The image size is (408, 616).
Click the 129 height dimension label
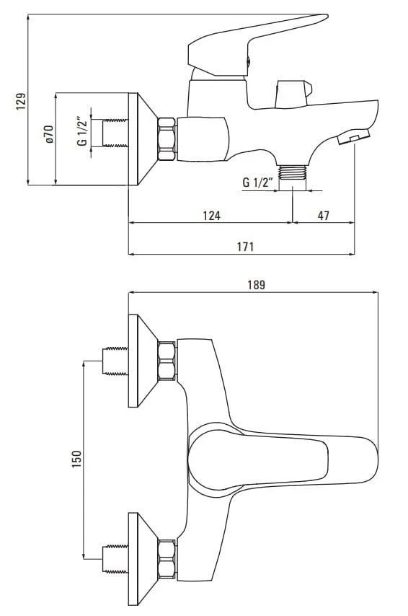coord(21,101)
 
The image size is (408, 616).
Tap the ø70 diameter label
coord(49,134)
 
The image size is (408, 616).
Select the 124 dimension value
coord(212,215)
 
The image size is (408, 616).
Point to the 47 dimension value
coord(323,215)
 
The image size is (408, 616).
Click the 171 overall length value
coord(245,247)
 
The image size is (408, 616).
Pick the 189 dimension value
coord(256,284)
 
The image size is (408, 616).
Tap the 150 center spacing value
coord(76,459)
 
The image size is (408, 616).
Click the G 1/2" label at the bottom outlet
coord(257,182)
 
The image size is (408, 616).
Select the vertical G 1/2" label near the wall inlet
coord(82,131)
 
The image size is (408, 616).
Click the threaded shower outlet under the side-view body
coord(292,172)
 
